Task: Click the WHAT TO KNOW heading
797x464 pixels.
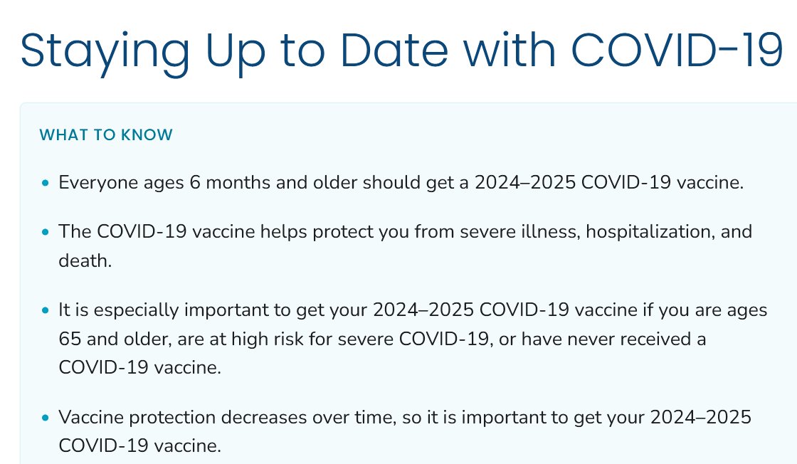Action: (x=106, y=135)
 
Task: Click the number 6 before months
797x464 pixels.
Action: (x=195, y=183)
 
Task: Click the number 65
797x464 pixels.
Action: (x=71, y=339)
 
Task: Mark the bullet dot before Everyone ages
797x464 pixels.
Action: (x=46, y=184)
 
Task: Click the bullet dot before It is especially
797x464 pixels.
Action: (x=46, y=312)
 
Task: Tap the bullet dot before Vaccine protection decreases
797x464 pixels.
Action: (x=46, y=418)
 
